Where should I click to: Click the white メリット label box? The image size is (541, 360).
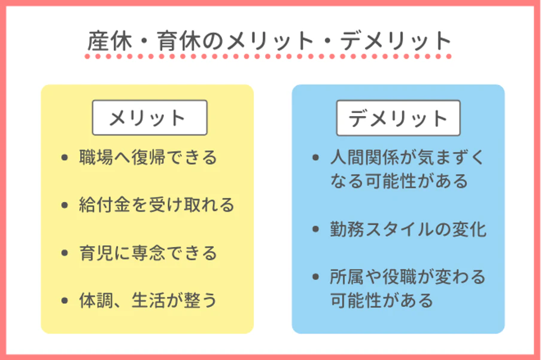click(150, 118)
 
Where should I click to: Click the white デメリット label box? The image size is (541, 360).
click(399, 118)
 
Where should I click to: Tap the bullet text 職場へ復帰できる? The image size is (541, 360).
click(148, 157)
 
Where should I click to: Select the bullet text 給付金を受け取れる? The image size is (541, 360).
click(157, 205)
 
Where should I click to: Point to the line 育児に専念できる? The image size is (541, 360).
click(148, 253)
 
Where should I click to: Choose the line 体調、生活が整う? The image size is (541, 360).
click(148, 300)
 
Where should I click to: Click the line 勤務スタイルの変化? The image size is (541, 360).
click(408, 229)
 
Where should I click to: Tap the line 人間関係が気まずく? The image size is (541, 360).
click(408, 157)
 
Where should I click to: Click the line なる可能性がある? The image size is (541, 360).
click(399, 181)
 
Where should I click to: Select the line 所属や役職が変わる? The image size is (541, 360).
click(408, 277)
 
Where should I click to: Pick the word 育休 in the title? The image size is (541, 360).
click(179, 41)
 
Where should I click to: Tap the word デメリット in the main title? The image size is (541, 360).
click(396, 41)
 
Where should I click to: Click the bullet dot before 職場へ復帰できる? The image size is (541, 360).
click(65, 158)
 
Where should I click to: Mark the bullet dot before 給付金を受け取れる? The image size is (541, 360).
click(65, 205)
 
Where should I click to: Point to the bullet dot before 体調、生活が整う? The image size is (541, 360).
click(65, 301)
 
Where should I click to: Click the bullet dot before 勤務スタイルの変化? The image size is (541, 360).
click(315, 229)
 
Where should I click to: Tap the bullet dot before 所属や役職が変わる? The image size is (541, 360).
click(315, 277)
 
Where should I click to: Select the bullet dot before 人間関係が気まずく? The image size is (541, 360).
click(315, 158)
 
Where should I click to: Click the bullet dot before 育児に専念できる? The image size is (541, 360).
click(65, 253)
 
